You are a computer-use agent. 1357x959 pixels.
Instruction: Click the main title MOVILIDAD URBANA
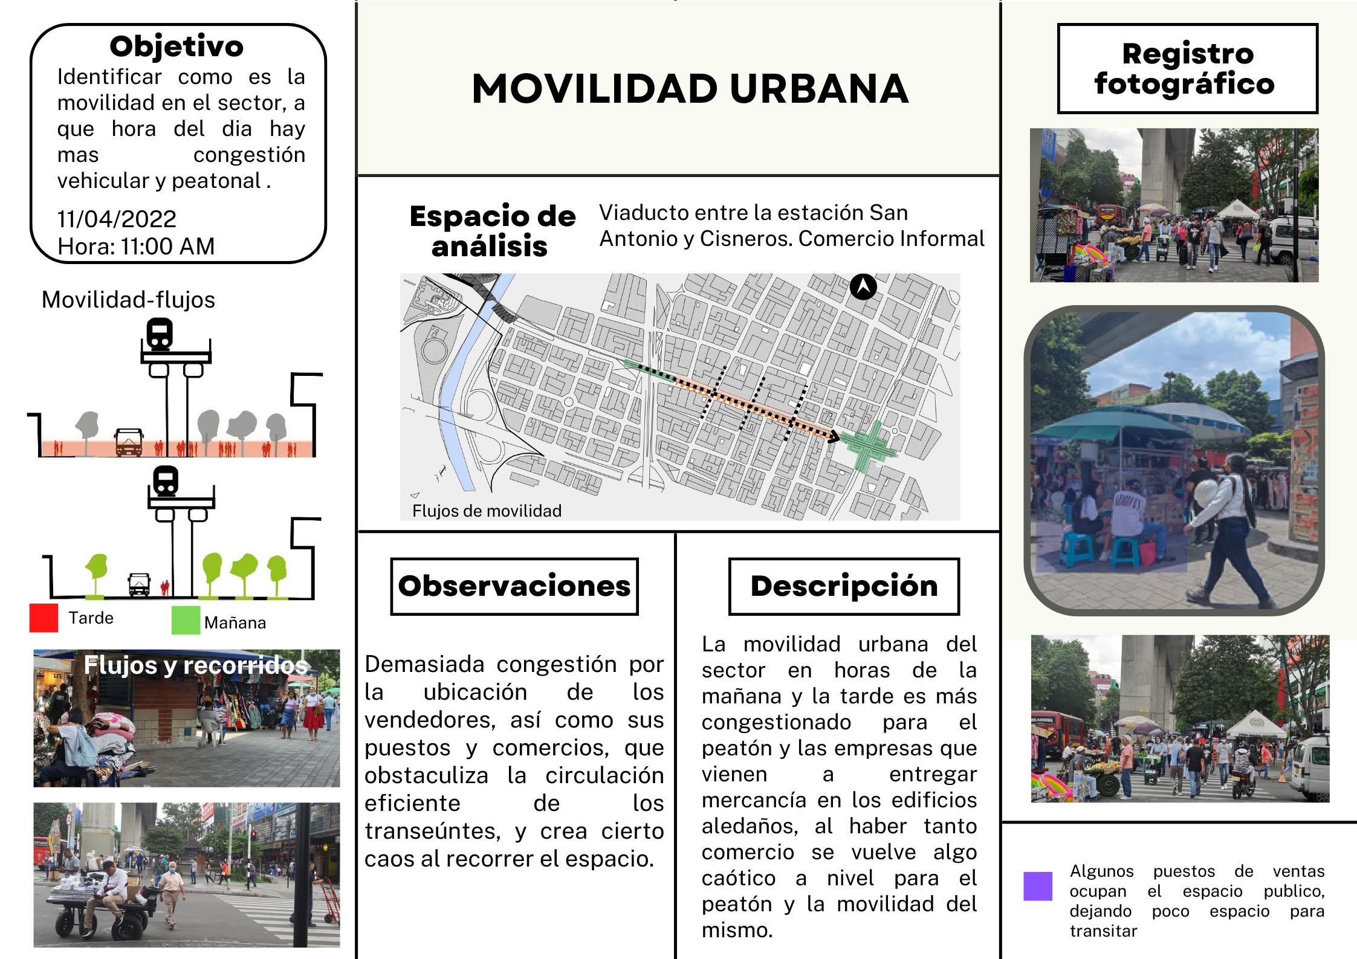pyautogui.click(x=690, y=89)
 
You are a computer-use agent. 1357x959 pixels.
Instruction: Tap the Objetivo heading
pyautogui.click(x=177, y=47)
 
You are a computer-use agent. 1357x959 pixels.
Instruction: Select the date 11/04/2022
pyautogui.click(x=117, y=219)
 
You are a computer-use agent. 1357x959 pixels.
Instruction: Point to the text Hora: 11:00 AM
pyautogui.click(x=136, y=247)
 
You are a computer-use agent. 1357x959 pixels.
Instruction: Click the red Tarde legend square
pyautogui.click(x=44, y=618)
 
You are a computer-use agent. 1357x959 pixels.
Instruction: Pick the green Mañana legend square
pyautogui.click(x=186, y=621)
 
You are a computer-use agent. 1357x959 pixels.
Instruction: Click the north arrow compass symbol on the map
pyautogui.click(x=863, y=287)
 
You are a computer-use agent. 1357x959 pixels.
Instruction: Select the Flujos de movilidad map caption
pyautogui.click(x=487, y=511)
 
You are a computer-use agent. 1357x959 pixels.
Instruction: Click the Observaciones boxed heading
pyautogui.click(x=514, y=586)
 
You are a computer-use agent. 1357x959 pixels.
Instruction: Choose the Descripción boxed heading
pyautogui.click(x=844, y=586)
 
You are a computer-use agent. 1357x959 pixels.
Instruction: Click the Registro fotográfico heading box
pyautogui.click(x=1187, y=69)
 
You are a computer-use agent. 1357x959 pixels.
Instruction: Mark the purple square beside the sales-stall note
pyautogui.click(x=1037, y=886)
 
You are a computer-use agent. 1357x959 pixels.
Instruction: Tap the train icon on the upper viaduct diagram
pyautogui.click(x=160, y=335)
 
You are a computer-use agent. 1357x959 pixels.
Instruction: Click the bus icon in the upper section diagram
pyautogui.click(x=129, y=442)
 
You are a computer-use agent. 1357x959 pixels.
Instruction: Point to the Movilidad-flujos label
pyautogui.click(x=128, y=300)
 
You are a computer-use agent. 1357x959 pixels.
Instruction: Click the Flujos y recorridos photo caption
pyautogui.click(x=195, y=665)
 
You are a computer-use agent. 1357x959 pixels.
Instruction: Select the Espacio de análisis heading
pyautogui.click(x=492, y=231)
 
